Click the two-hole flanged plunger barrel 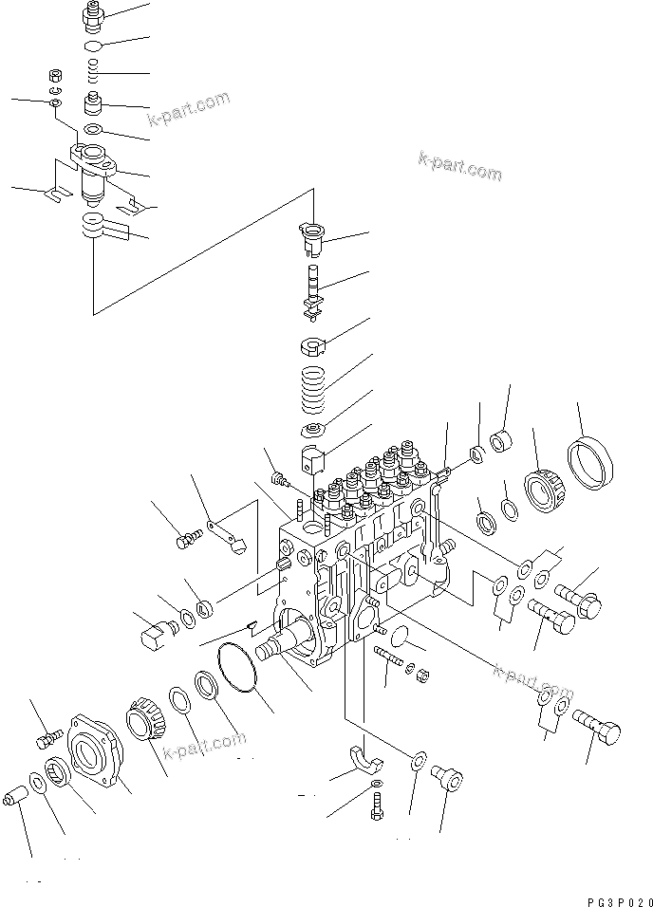coord(92,166)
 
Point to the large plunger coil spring coord(315,387)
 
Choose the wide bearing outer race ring coord(590,466)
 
